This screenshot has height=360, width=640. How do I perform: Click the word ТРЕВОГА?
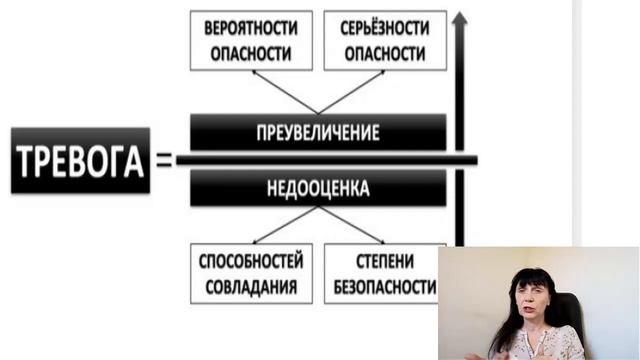click(80, 160)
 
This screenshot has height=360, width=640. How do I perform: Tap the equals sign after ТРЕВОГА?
click(164, 159)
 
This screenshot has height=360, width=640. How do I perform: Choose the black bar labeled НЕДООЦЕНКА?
click(318, 187)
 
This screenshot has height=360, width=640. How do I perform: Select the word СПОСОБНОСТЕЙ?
click(251, 263)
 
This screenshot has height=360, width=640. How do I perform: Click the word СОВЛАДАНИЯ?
click(251, 286)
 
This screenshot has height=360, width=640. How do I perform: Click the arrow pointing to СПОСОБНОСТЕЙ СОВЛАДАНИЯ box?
click(280, 226)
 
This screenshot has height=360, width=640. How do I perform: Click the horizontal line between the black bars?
click(320, 160)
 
